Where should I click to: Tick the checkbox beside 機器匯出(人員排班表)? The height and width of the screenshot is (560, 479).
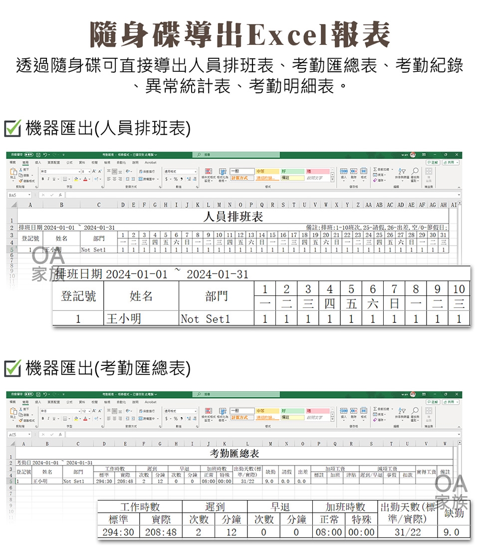coord(11,129)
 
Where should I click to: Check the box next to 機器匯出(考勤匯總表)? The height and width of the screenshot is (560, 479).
coord(11,368)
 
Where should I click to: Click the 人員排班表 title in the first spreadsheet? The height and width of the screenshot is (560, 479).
coord(233,217)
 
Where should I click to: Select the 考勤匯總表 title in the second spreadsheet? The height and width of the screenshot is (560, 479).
coord(235,453)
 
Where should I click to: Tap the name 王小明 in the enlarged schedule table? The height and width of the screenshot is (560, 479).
coord(123,318)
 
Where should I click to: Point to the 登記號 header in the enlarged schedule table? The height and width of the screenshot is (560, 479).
coord(78,296)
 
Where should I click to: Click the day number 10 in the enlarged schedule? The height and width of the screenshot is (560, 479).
coord(459,288)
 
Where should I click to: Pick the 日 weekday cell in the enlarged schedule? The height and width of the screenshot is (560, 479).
coord(394,303)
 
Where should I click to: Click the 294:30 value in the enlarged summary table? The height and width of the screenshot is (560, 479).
coord(118,532)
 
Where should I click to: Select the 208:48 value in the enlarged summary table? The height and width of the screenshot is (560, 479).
coord(161,532)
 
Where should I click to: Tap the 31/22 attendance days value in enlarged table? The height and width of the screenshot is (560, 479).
coord(408,532)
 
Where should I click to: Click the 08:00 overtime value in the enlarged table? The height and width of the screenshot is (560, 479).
coord(328,532)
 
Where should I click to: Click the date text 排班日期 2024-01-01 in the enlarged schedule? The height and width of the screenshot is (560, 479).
coord(112,274)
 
